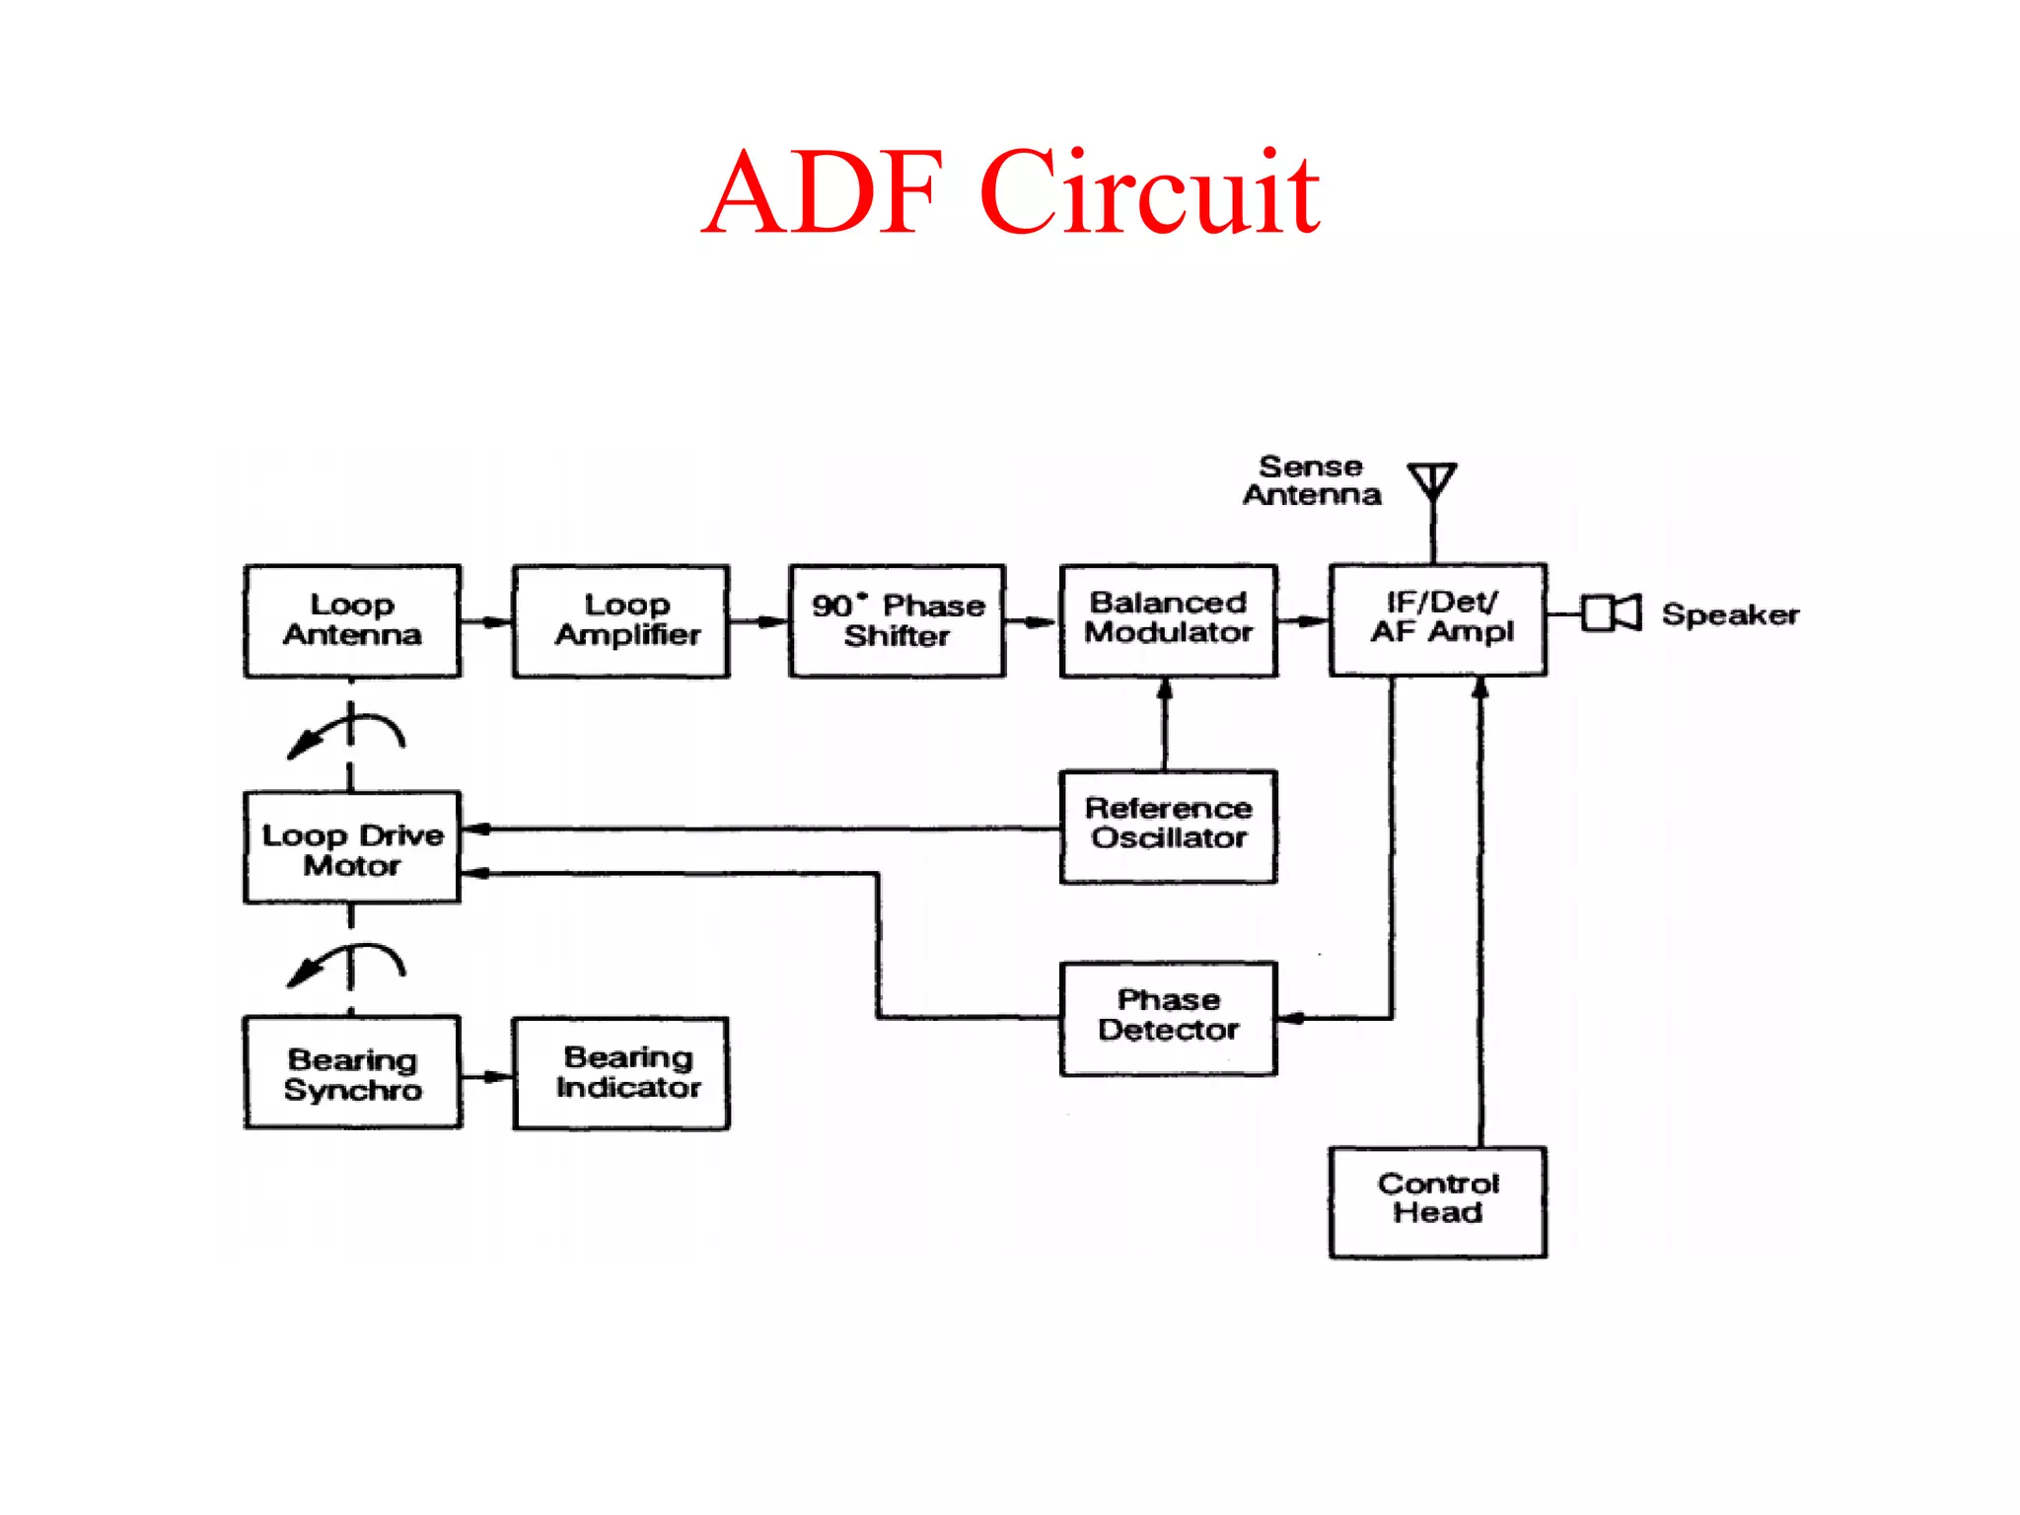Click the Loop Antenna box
coord(352,620)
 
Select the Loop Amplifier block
coord(621,620)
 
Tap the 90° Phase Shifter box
coord(898,620)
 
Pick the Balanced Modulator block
coord(1169,619)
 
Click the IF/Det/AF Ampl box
coord(1438,618)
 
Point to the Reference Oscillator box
coord(1169,826)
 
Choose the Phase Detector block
coord(1169,1017)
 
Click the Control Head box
coord(1438,1200)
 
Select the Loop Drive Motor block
coord(352,848)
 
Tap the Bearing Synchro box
coord(352,1073)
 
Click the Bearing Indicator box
coord(621,1073)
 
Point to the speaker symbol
coord(1612,613)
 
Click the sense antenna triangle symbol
coord(1432,480)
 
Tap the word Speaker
coord(1730,614)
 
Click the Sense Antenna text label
coord(1311,480)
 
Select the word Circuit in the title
coord(1149,192)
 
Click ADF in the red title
coord(824,192)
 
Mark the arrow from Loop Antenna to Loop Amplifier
coord(486,621)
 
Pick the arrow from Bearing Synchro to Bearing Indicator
coord(486,1076)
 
